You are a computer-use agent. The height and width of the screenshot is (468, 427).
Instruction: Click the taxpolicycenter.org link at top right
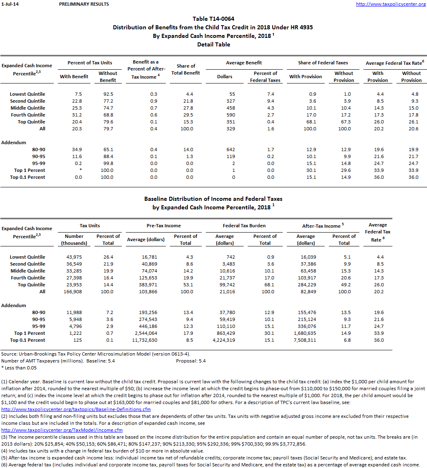pyautogui.click(x=391, y=4)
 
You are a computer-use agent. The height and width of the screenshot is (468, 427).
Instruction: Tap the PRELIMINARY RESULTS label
pyautogui.click(x=84, y=4)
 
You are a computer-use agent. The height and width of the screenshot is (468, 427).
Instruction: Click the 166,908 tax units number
pyautogui.click(x=74, y=292)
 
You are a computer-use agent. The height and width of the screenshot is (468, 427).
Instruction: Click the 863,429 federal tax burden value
pyautogui.click(x=225, y=333)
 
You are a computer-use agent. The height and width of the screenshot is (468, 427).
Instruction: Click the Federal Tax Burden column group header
pyautogui.click(x=244, y=225)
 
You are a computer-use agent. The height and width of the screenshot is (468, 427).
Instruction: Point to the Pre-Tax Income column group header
pyautogui.click(x=163, y=225)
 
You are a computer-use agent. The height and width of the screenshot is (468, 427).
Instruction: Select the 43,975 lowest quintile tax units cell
pyautogui.click(x=74, y=257)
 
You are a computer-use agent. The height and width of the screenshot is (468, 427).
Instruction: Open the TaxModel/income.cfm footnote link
pyautogui.click(x=62, y=430)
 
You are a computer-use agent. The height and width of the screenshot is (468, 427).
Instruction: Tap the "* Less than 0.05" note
pyautogui.click(x=19, y=368)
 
